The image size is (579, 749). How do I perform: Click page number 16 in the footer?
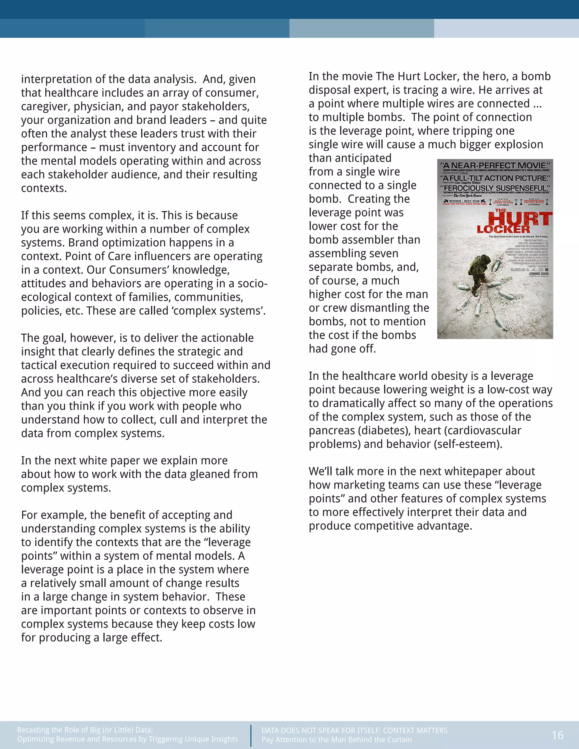click(558, 735)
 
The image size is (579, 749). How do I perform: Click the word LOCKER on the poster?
click(503, 230)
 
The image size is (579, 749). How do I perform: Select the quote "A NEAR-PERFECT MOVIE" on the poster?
click(495, 165)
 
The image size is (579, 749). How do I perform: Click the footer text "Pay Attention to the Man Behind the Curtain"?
click(336, 740)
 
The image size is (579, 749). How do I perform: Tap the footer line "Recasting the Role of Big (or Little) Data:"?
click(85, 729)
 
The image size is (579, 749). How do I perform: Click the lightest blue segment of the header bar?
click(506, 28)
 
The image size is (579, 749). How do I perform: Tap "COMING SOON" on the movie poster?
click(539, 274)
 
